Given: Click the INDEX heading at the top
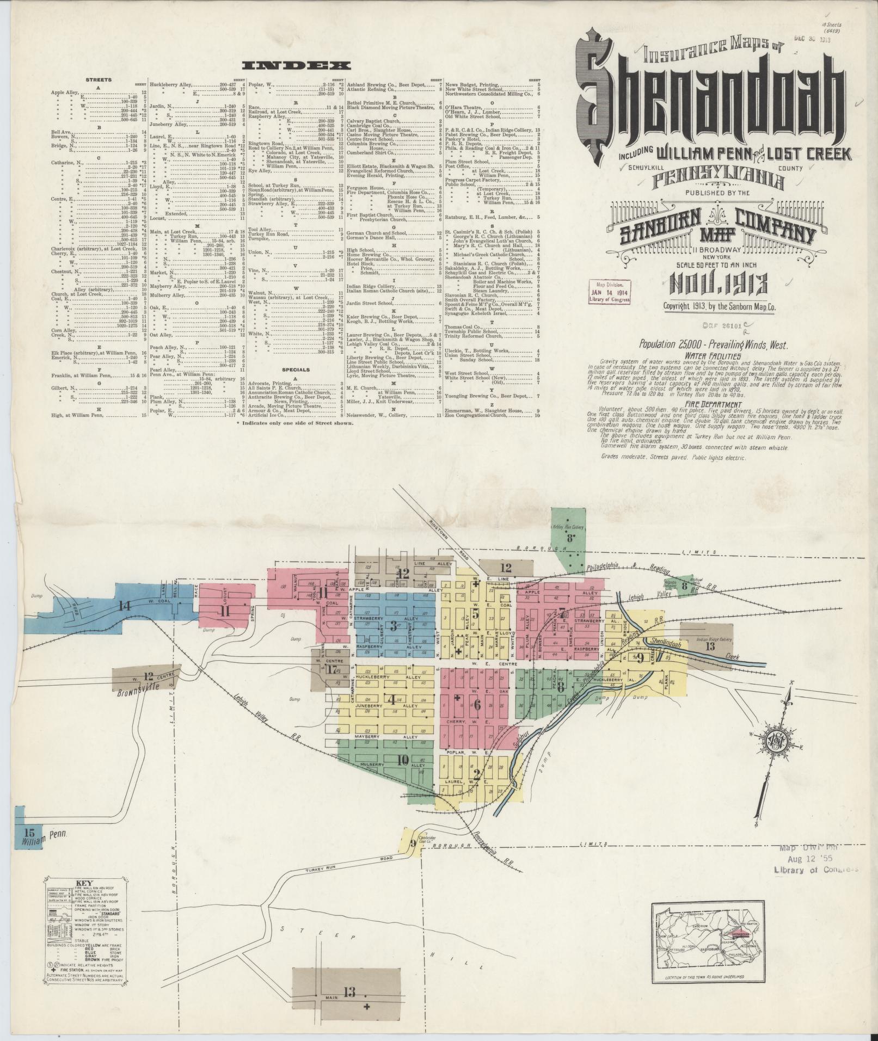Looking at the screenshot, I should (x=296, y=66).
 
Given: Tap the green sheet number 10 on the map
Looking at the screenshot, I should (x=403, y=760).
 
